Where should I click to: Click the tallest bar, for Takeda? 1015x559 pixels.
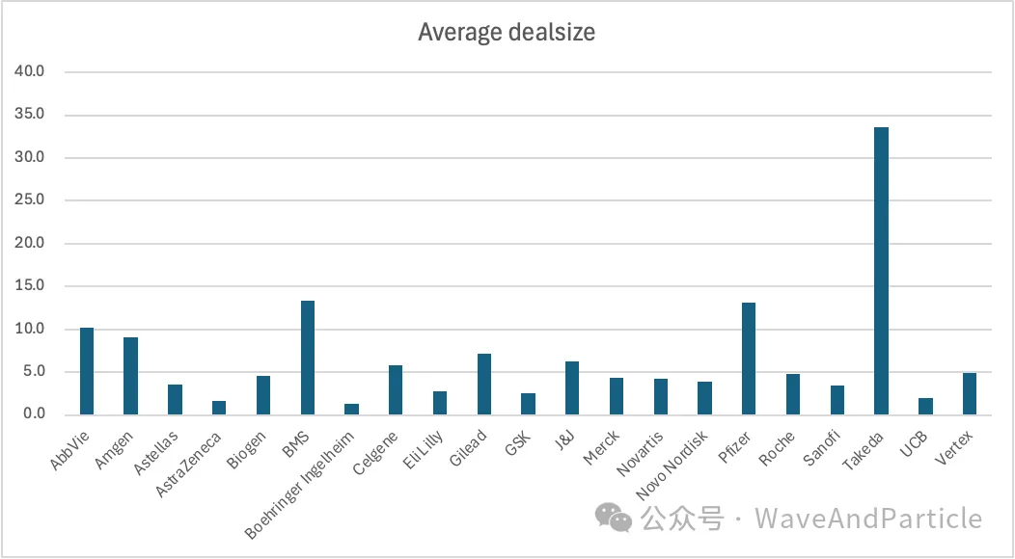pyautogui.click(x=881, y=271)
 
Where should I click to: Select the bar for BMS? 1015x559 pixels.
pyautogui.click(x=308, y=358)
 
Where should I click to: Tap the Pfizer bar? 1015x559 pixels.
pyautogui.click(x=749, y=359)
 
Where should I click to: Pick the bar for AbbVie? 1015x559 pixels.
pyautogui.click(x=87, y=371)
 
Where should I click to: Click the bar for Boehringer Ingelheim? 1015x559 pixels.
pyautogui.click(x=352, y=410)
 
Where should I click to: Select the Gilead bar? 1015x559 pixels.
pyautogui.click(x=484, y=385)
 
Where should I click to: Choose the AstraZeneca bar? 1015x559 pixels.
pyautogui.click(x=219, y=408)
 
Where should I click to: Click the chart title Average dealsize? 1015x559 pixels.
pyautogui.click(x=507, y=32)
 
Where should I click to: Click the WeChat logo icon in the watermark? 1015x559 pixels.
pyautogui.click(x=614, y=518)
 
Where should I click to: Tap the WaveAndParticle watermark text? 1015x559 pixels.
pyautogui.click(x=868, y=519)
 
